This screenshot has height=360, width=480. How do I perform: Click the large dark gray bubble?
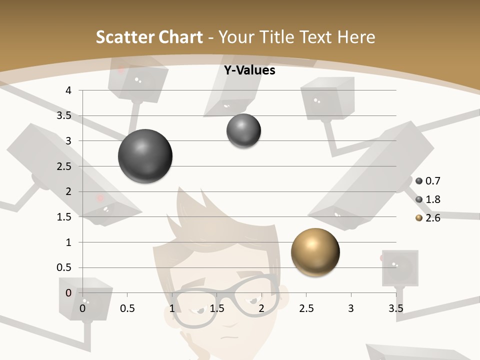[145, 156]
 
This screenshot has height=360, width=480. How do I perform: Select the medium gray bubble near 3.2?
[243, 131]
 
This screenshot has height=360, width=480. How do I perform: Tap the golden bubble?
[315, 252]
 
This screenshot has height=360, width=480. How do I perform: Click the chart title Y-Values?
[249, 70]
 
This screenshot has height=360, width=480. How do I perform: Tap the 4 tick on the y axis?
[69, 90]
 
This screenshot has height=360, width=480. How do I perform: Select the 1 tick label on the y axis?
[69, 242]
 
